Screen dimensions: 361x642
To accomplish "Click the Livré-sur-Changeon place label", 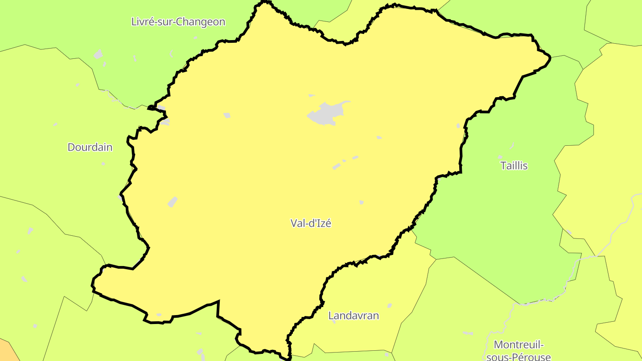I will tap(178, 22).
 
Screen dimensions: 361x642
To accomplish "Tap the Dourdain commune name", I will tap(90, 147).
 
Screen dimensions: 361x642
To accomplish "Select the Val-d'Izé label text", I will tap(311, 223).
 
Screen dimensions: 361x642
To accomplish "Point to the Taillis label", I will tap(514, 166).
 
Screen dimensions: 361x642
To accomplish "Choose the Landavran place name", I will tap(354, 316).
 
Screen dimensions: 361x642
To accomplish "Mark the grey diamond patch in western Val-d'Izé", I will tap(173, 202).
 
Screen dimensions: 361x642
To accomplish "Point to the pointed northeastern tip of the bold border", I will tap(550, 57).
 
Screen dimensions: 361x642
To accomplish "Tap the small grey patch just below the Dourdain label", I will tap(103, 164).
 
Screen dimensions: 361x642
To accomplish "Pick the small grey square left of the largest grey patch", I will tap(227, 115).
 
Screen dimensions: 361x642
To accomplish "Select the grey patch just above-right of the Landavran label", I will tap(389, 305).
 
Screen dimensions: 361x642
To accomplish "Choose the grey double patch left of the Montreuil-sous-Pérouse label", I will tap(467, 333).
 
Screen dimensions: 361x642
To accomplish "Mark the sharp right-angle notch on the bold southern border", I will tap(218, 302).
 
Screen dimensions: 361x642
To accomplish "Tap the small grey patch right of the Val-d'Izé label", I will tap(362, 203).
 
